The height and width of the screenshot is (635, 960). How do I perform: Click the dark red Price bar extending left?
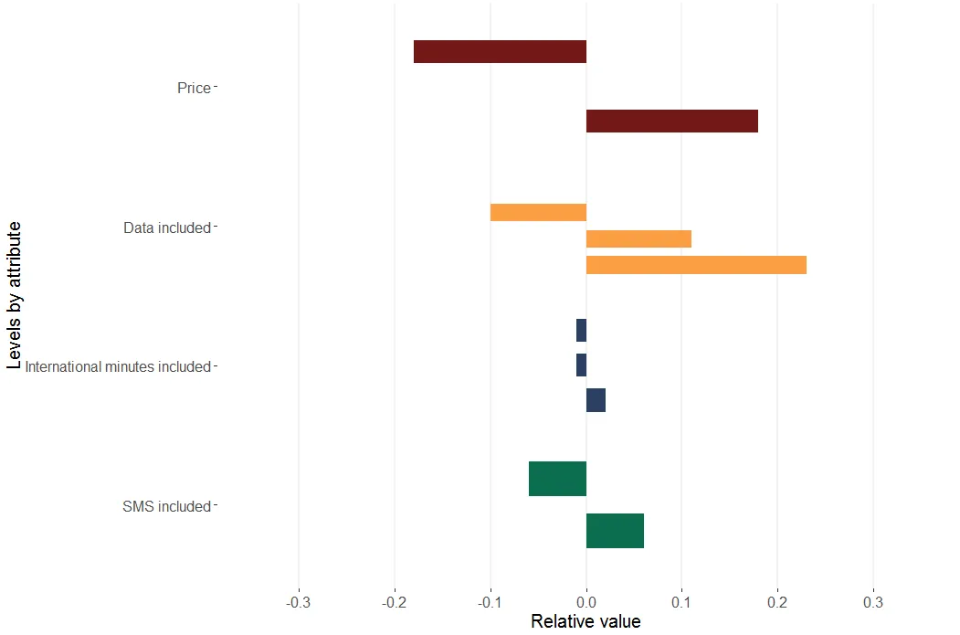click(x=500, y=52)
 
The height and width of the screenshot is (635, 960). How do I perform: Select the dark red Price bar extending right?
click(x=671, y=121)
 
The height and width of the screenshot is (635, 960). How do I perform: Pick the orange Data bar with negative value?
click(x=538, y=212)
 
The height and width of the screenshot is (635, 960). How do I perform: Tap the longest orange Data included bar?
click(x=696, y=265)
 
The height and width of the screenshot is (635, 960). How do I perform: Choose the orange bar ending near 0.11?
click(x=638, y=239)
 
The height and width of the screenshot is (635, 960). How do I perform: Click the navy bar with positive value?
click(x=596, y=400)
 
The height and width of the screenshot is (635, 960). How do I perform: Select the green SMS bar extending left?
click(x=557, y=479)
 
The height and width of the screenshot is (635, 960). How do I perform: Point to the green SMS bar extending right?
click(x=615, y=531)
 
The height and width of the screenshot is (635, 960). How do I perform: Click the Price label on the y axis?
click(x=194, y=89)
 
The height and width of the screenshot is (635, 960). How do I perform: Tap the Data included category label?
click(x=167, y=228)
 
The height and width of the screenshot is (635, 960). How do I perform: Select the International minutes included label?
click(x=118, y=367)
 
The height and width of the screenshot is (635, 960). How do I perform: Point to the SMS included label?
click(x=166, y=507)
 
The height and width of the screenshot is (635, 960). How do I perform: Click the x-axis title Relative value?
click(x=585, y=622)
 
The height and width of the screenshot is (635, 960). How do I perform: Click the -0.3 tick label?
click(x=298, y=603)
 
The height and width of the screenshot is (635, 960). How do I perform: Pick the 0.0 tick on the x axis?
click(x=585, y=603)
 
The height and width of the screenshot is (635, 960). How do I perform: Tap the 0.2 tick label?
click(x=777, y=603)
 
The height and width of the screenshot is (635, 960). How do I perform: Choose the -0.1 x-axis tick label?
click(x=490, y=603)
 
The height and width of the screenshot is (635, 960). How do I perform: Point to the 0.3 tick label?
click(x=873, y=603)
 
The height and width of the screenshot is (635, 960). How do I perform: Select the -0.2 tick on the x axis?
click(x=394, y=603)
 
